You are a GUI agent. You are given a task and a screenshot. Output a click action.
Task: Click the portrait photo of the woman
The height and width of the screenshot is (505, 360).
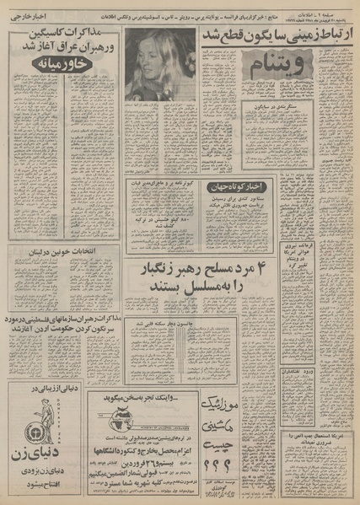click(161, 64)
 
